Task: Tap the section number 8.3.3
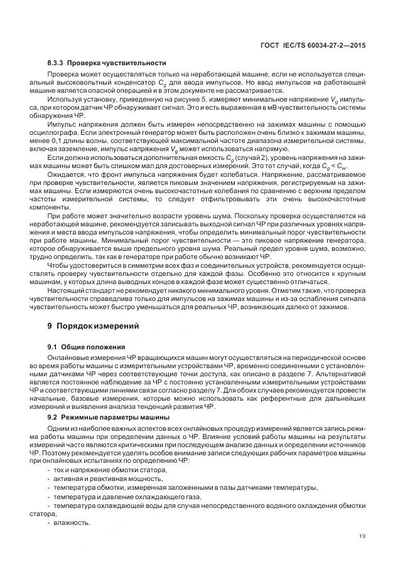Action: [x=57, y=63]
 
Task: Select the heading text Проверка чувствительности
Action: [x=116, y=63]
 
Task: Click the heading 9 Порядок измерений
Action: [x=90, y=325]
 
